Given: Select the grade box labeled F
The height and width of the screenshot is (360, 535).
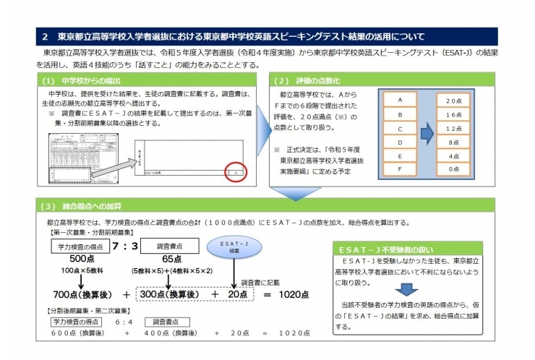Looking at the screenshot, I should pyautogui.click(x=400, y=168).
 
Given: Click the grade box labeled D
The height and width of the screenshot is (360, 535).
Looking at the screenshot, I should pyautogui.click(x=400, y=142).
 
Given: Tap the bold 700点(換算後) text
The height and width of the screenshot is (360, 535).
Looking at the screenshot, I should pyautogui.click(x=80, y=294).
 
